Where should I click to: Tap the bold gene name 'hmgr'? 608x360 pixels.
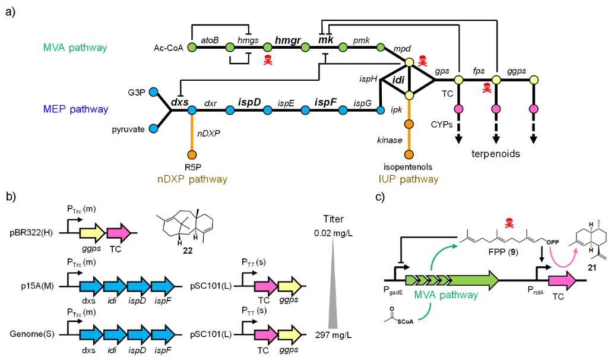[288, 40]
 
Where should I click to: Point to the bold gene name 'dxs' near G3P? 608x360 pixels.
[180, 102]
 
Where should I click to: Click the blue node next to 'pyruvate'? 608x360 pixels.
[154, 128]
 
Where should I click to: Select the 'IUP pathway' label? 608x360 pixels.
[409, 178]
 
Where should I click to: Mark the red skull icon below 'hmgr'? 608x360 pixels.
[268, 59]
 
